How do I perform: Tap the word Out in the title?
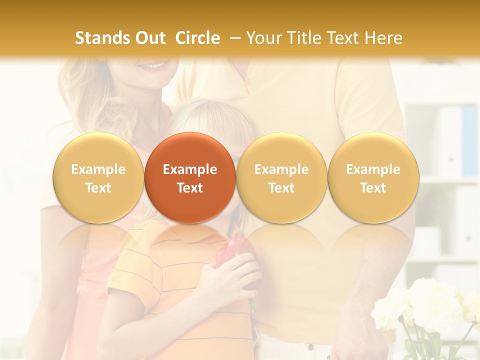point(148,38)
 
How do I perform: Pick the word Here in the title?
point(384,38)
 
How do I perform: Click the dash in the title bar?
point(234,38)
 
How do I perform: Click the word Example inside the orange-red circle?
point(190,169)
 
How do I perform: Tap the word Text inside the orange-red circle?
point(190,188)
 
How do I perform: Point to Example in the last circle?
point(373,169)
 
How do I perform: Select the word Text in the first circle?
point(98,188)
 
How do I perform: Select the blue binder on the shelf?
point(469,140)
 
